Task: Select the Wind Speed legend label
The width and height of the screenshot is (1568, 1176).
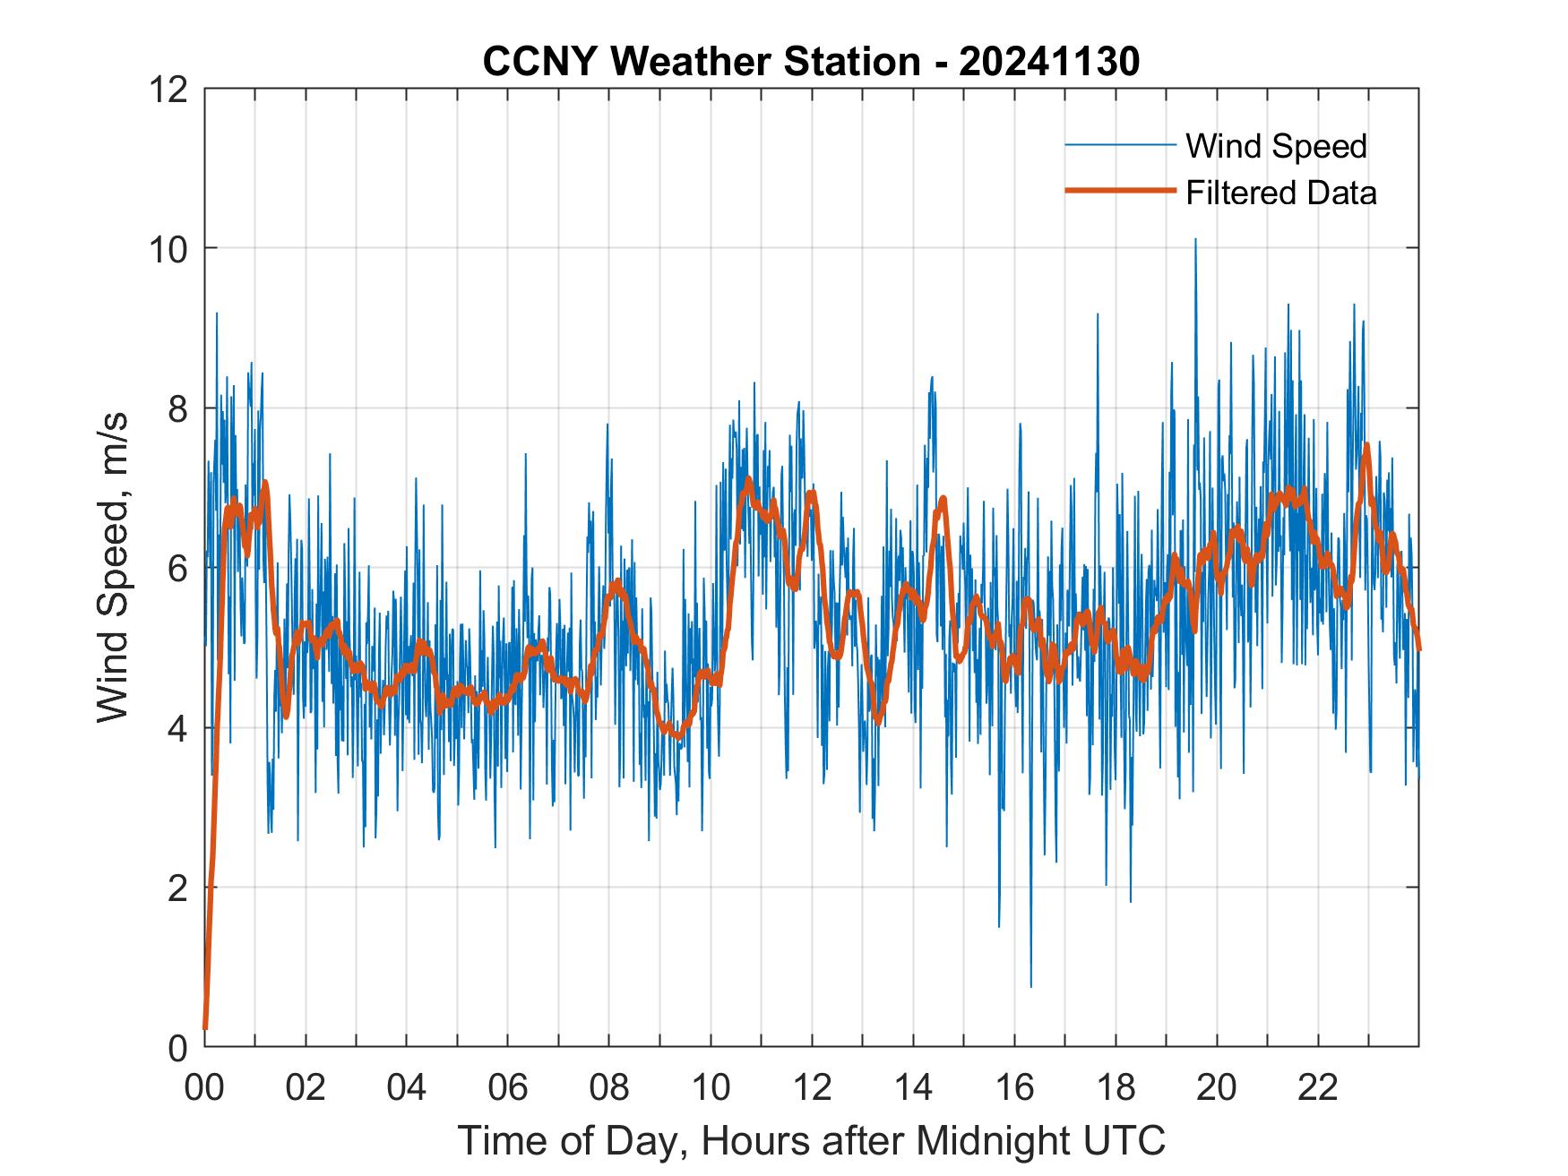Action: (x=1276, y=146)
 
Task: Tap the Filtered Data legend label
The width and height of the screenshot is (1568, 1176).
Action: (x=1280, y=193)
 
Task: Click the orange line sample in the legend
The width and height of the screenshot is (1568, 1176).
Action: (x=1120, y=191)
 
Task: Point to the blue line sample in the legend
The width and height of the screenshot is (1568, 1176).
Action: (x=1120, y=145)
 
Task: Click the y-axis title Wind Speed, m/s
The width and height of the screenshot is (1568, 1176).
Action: (x=113, y=567)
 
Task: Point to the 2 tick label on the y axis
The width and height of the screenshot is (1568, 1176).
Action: (x=177, y=888)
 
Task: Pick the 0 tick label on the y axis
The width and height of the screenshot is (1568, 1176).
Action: (x=177, y=1047)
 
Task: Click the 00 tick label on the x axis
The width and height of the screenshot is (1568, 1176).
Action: (x=204, y=1086)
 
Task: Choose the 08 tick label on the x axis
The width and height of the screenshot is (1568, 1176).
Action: (x=609, y=1086)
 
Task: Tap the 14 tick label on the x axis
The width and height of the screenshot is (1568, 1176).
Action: (x=913, y=1086)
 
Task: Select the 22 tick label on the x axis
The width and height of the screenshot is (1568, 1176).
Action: (x=1318, y=1086)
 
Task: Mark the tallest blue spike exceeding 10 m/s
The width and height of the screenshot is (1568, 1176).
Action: (x=1194, y=240)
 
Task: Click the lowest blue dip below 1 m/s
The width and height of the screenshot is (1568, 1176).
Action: (x=1030, y=985)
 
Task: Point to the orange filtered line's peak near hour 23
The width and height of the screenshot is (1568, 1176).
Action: (x=1366, y=445)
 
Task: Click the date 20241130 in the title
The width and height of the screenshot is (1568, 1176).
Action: (x=1049, y=62)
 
